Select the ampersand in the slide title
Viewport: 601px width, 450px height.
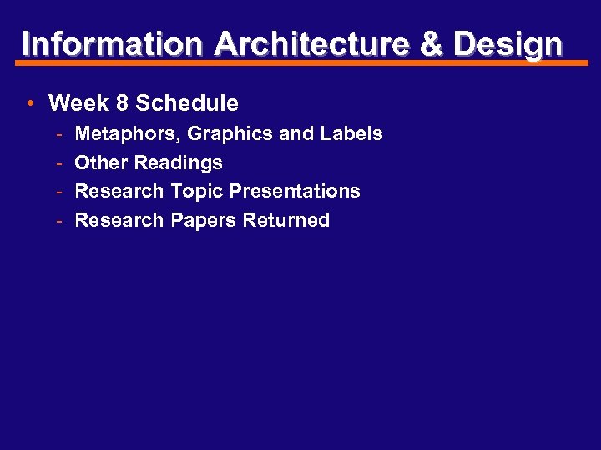coord(432,43)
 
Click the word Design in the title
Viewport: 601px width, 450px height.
coord(508,45)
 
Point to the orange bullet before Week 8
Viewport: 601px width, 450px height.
coord(29,104)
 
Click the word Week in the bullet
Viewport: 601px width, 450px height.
coord(78,103)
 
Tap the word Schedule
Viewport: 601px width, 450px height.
coord(187,103)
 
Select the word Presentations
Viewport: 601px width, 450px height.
coord(295,191)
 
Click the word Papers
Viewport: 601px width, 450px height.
coord(204,221)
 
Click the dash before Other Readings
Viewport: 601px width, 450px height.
coord(60,162)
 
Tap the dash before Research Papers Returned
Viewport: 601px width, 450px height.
coord(60,221)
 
